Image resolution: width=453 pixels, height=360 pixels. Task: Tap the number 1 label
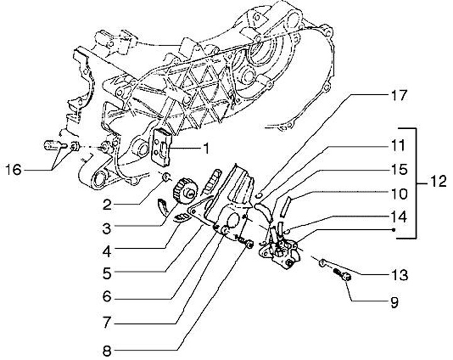204,149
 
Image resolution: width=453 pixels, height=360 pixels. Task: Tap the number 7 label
108,322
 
